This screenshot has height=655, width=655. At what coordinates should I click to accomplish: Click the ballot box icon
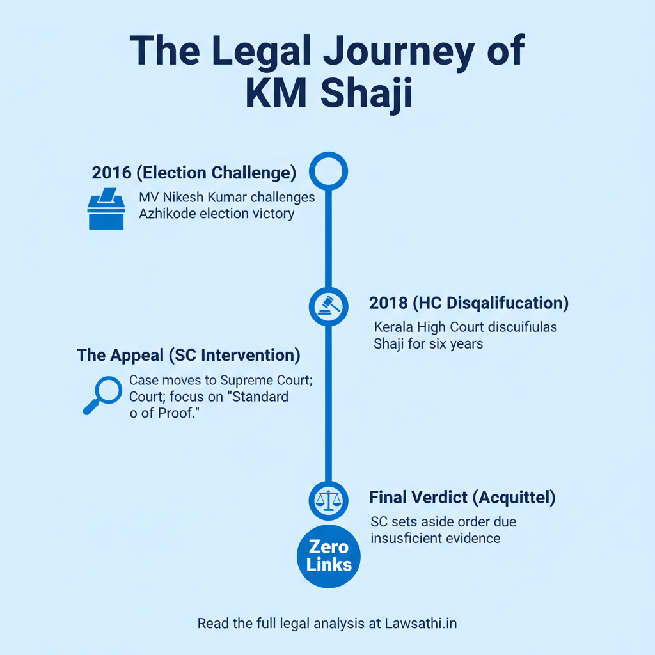point(106,209)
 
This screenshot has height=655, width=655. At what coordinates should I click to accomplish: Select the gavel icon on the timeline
point(328,306)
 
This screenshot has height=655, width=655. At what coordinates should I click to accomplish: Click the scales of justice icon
point(328,500)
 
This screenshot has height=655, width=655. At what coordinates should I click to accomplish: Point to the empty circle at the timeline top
point(328,171)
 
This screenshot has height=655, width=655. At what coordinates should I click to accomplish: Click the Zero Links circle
point(329,556)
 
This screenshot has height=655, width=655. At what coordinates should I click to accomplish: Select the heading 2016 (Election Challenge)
point(194,173)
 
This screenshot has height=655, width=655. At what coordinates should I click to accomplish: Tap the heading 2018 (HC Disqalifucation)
point(469,303)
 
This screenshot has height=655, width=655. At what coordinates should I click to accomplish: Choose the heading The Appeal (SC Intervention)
point(189,355)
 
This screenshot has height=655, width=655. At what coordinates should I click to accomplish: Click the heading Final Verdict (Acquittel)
point(461,497)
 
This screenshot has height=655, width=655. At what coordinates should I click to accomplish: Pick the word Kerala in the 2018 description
point(393,327)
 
